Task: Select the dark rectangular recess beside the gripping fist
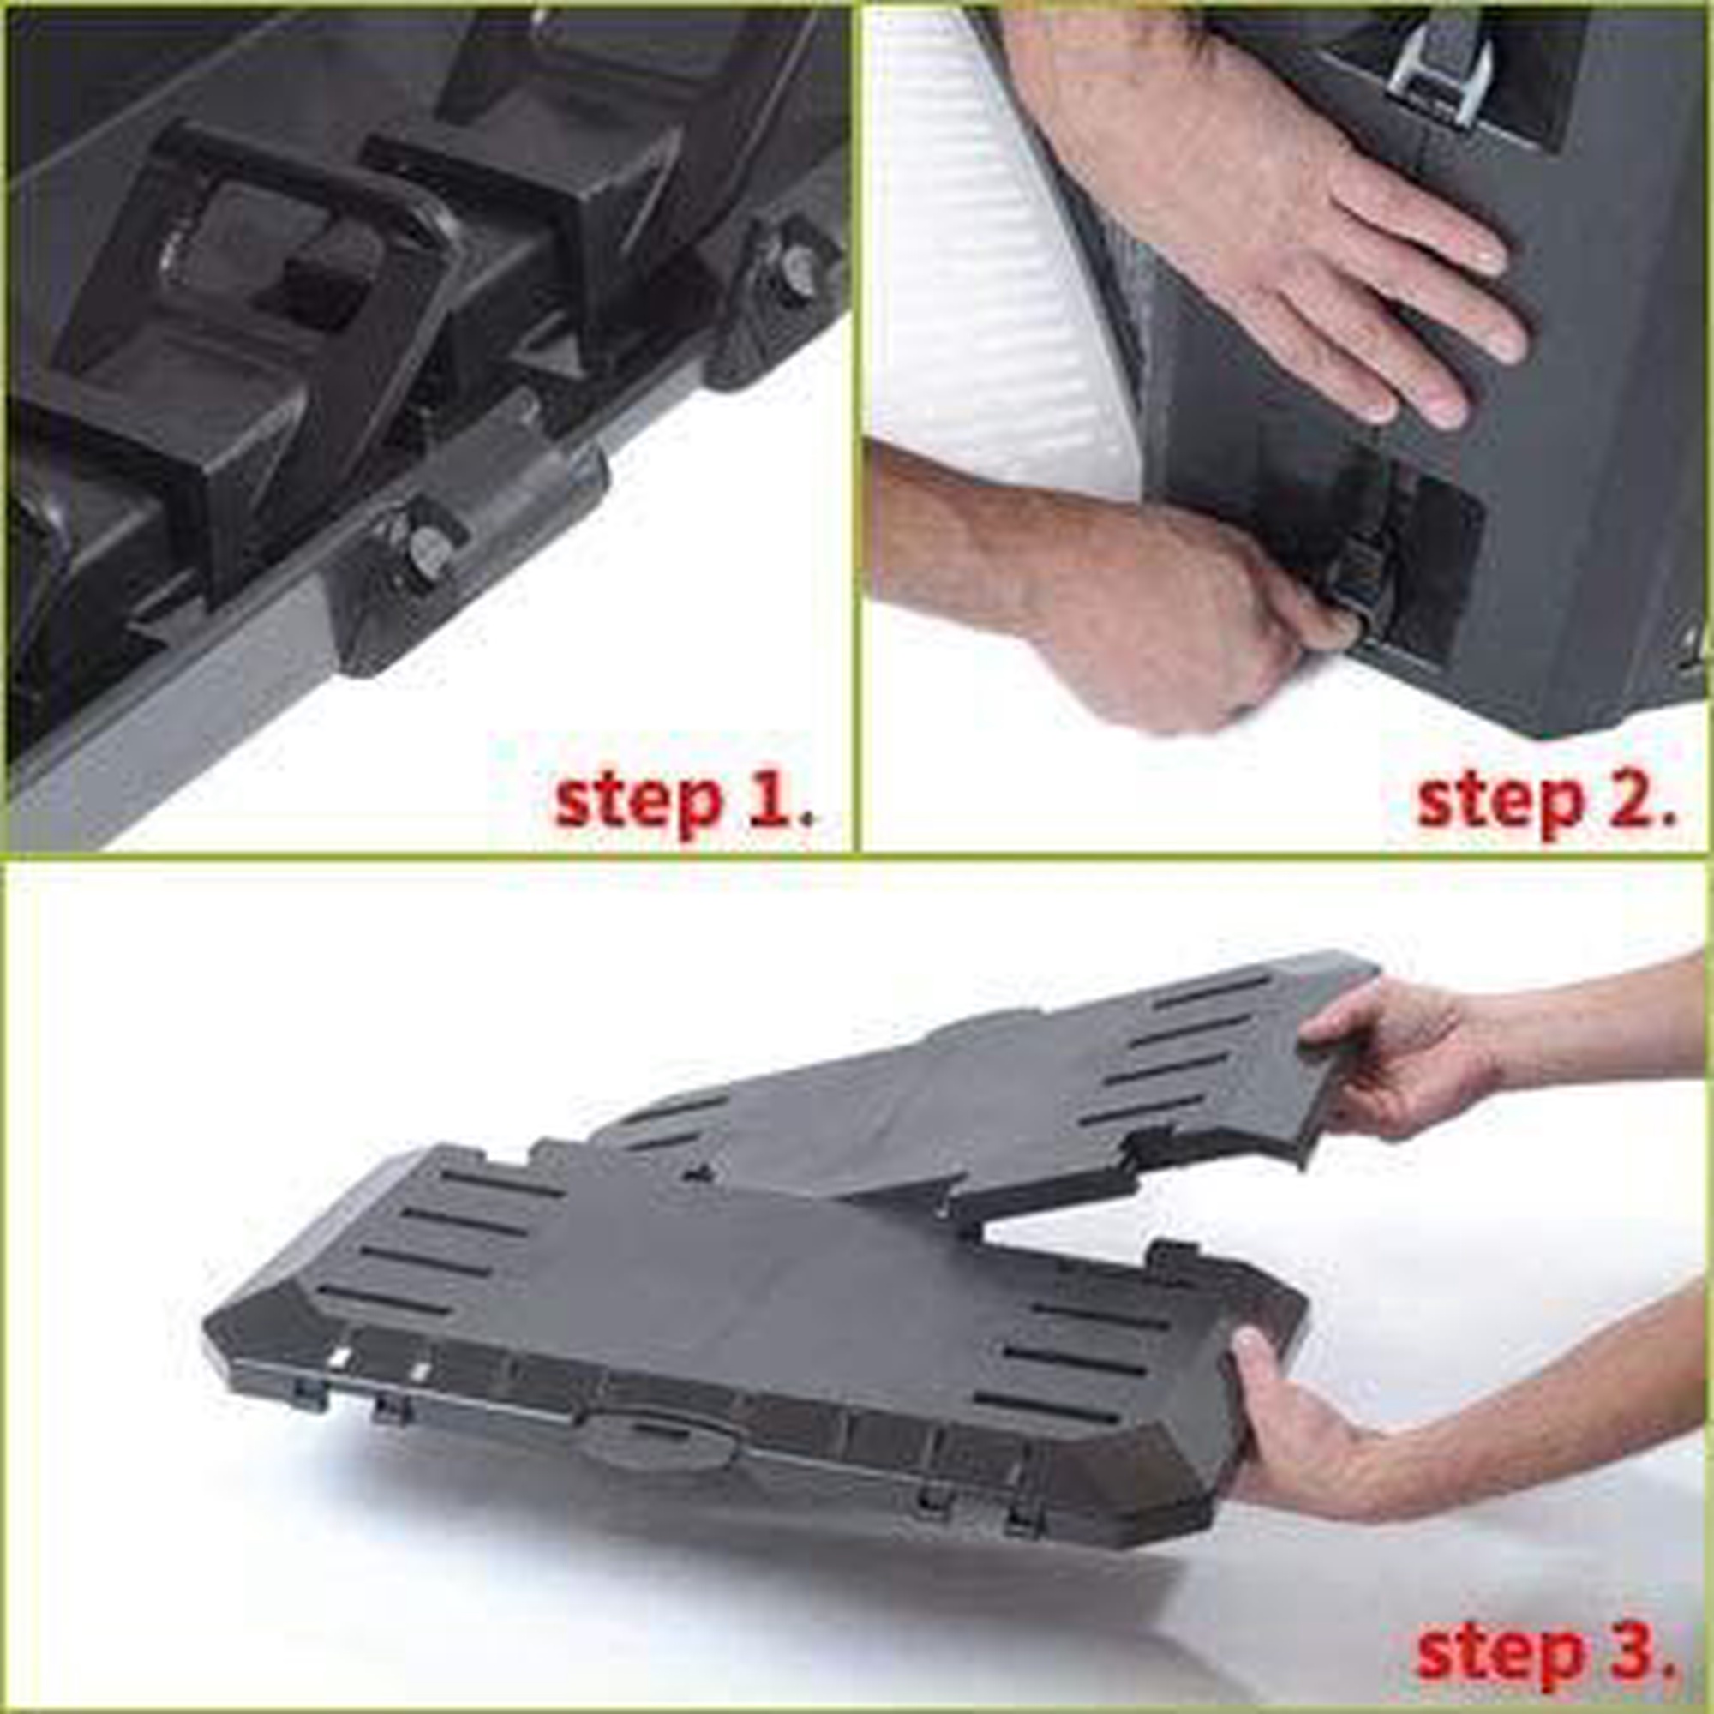(x=1429, y=577)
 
